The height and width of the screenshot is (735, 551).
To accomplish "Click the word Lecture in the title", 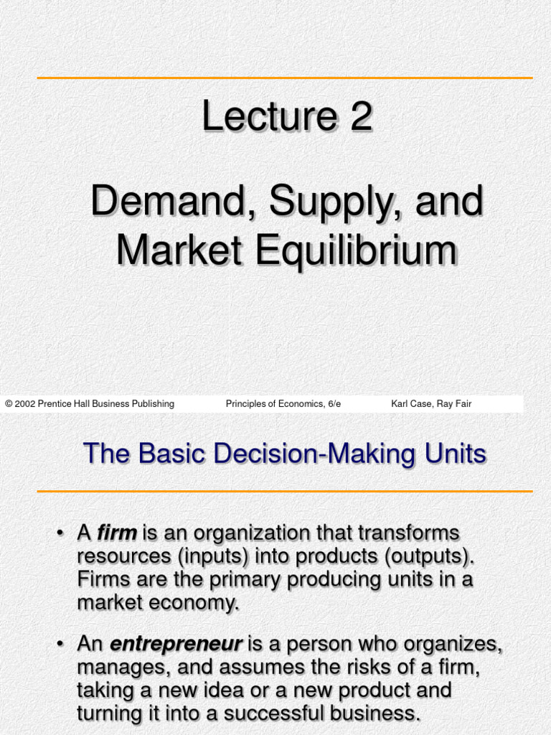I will (x=269, y=116).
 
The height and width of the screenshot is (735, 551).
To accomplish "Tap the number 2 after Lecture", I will (x=361, y=116).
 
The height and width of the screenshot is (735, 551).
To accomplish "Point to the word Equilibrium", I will (x=353, y=251).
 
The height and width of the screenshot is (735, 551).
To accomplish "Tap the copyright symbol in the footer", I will (x=9, y=404).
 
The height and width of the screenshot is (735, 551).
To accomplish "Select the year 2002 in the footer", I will (x=25, y=404).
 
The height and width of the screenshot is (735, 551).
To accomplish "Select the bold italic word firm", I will (x=117, y=533).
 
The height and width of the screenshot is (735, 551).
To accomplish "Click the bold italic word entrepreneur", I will (x=175, y=645).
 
